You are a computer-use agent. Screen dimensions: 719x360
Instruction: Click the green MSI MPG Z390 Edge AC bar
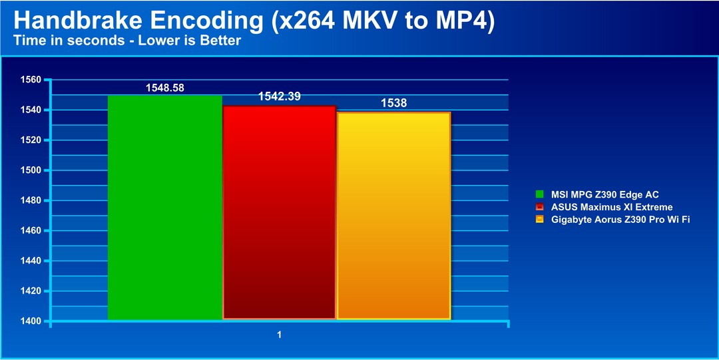(164, 208)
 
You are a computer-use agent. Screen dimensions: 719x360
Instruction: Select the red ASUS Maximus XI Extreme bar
(279, 212)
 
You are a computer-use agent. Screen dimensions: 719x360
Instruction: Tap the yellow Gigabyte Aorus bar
(394, 216)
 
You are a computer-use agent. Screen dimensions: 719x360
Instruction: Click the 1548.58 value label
(165, 88)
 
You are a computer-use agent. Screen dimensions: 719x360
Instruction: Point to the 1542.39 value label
(279, 96)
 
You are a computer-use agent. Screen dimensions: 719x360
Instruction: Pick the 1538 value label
(394, 103)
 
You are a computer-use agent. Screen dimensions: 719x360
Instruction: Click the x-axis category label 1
(279, 335)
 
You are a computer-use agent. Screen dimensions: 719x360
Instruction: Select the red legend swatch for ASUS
(540, 207)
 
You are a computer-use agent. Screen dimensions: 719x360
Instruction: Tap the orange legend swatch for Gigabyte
(540, 220)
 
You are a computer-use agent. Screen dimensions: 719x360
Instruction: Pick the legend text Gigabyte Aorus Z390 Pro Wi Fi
(620, 220)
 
